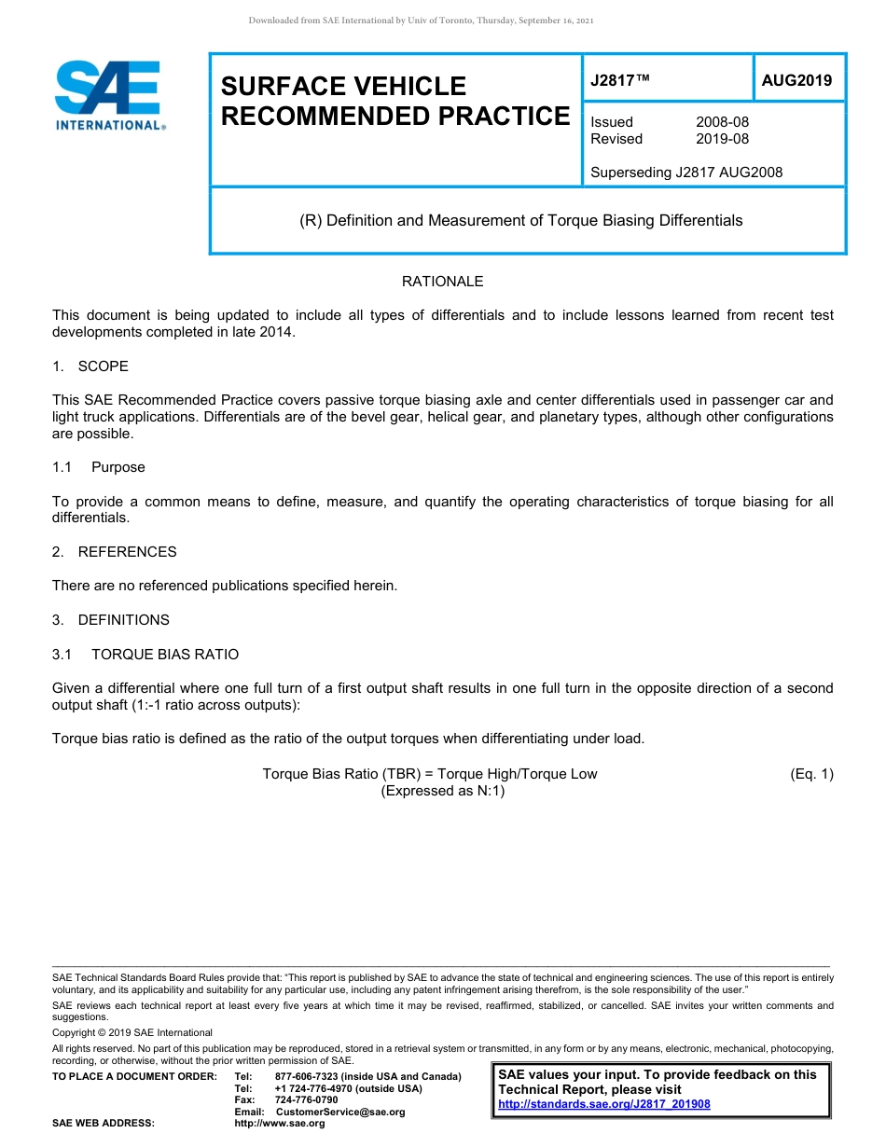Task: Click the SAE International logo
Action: coord(109,96)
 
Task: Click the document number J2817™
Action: coord(619,81)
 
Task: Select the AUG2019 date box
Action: coord(796,81)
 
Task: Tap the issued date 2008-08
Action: coord(722,122)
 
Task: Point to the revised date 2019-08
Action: coord(722,139)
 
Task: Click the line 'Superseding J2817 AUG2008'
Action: coord(686,172)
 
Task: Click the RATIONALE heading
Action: coord(442,282)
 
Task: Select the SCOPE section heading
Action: coord(103,366)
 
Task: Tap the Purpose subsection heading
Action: coord(118,467)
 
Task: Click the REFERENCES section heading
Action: coord(127,552)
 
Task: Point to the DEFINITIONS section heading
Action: coord(123,620)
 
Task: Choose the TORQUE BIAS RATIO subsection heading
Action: coord(164,655)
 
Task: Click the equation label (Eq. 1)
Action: coord(810,774)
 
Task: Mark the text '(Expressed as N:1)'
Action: coord(443,791)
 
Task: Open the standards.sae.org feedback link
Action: coord(604,1104)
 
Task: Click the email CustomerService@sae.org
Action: coord(340,1112)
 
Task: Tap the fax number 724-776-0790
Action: coord(306,1100)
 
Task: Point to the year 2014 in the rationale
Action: coord(278,332)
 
